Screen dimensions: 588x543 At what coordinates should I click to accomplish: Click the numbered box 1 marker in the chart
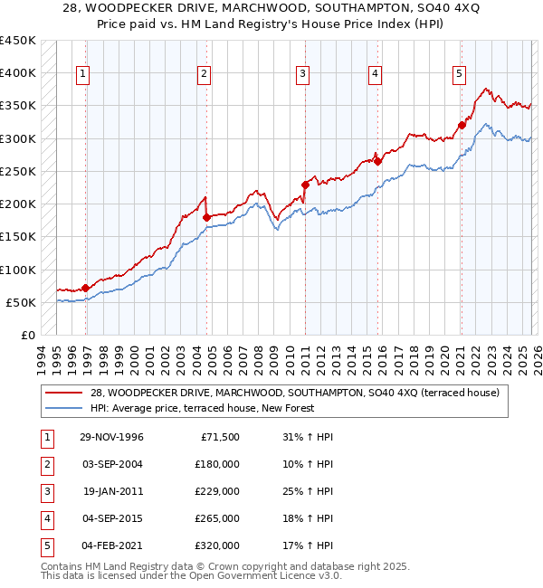tap(82, 74)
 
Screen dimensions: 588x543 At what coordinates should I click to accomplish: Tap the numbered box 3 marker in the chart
tap(302, 74)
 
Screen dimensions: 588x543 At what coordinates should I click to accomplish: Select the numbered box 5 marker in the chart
tap(459, 74)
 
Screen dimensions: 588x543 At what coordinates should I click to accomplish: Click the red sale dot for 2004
tap(206, 217)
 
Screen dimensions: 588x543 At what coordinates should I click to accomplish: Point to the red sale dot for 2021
tap(462, 125)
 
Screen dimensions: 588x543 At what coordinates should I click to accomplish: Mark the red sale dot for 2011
tap(305, 185)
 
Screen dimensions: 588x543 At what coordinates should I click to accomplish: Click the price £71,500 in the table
tap(219, 437)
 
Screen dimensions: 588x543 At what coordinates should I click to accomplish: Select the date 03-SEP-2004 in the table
tap(111, 464)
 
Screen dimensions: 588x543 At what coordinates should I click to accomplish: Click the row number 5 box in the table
tap(45, 545)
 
